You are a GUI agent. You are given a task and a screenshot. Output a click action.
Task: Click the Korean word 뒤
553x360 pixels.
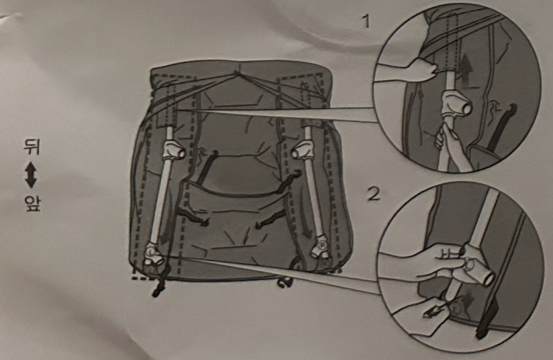31,146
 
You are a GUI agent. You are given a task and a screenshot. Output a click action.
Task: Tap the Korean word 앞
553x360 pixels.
32,204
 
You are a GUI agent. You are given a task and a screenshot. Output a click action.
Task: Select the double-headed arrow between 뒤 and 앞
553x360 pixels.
31,175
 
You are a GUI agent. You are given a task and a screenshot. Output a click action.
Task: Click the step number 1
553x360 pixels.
367,21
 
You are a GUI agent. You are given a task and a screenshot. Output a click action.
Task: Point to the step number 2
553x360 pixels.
374,193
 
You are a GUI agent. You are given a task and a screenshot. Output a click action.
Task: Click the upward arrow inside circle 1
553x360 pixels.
466,70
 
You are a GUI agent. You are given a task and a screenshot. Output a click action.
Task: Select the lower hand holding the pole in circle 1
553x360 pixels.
450,144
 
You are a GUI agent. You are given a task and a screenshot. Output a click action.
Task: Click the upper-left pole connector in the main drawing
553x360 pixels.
173,148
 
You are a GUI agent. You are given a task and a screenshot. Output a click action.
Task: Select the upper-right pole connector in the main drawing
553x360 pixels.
303,149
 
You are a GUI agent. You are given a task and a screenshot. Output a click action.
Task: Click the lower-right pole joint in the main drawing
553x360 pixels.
320,248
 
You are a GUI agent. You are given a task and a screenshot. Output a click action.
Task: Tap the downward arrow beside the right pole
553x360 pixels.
306,227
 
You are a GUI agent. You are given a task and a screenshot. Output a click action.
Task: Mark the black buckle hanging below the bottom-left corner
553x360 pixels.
158,287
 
